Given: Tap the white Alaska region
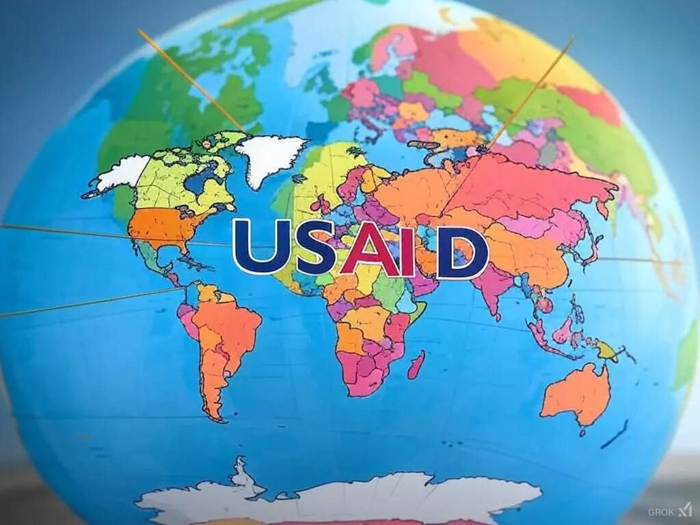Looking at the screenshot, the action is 122,172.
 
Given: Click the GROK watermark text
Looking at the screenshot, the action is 661,511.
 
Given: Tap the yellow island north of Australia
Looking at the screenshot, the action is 606,351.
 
